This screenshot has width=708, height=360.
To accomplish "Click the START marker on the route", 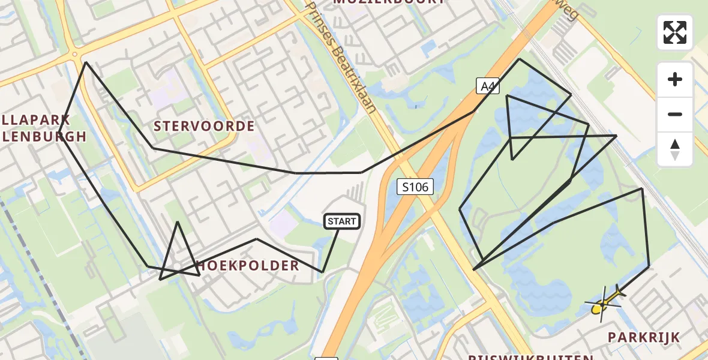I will click(x=342, y=221).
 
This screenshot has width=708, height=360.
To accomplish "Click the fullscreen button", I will click(x=675, y=32).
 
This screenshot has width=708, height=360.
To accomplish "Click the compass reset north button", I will click(x=675, y=149).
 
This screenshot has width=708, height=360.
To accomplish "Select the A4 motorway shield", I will click(x=488, y=86).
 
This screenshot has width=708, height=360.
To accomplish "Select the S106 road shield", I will click(x=415, y=187).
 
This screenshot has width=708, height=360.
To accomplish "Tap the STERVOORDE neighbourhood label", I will click(x=204, y=126).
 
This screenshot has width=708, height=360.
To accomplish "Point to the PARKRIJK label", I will click(x=644, y=337).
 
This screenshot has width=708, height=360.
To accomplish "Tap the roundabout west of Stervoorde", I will click(x=75, y=55).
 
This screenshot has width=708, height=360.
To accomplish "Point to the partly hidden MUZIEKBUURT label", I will click(x=389, y=2).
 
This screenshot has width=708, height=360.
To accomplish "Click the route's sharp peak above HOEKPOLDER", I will click(x=178, y=223).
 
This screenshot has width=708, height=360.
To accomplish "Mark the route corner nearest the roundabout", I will click(x=86, y=62).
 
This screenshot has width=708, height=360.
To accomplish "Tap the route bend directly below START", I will click(x=322, y=272).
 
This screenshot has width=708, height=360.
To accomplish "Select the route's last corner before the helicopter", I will click(x=649, y=265).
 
